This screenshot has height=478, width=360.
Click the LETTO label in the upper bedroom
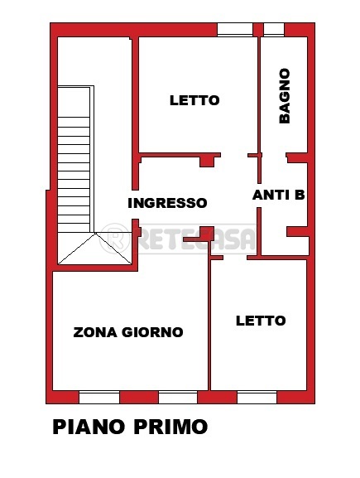point(194,100)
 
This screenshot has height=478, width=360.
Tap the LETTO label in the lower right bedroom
point(260,321)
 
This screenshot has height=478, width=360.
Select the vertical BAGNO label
point(284,95)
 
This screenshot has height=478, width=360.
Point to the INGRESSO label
point(167,202)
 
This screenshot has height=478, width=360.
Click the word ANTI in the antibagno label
point(268,196)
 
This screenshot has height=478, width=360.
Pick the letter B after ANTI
point(299,196)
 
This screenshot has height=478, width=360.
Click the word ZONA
point(94,332)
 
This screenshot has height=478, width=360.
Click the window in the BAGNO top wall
point(274,30)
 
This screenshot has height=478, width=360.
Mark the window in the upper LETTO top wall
point(235,30)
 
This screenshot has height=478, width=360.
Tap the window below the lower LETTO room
point(257,396)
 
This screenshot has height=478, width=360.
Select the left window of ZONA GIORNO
point(98,396)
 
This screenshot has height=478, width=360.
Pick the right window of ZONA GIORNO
point(178,396)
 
